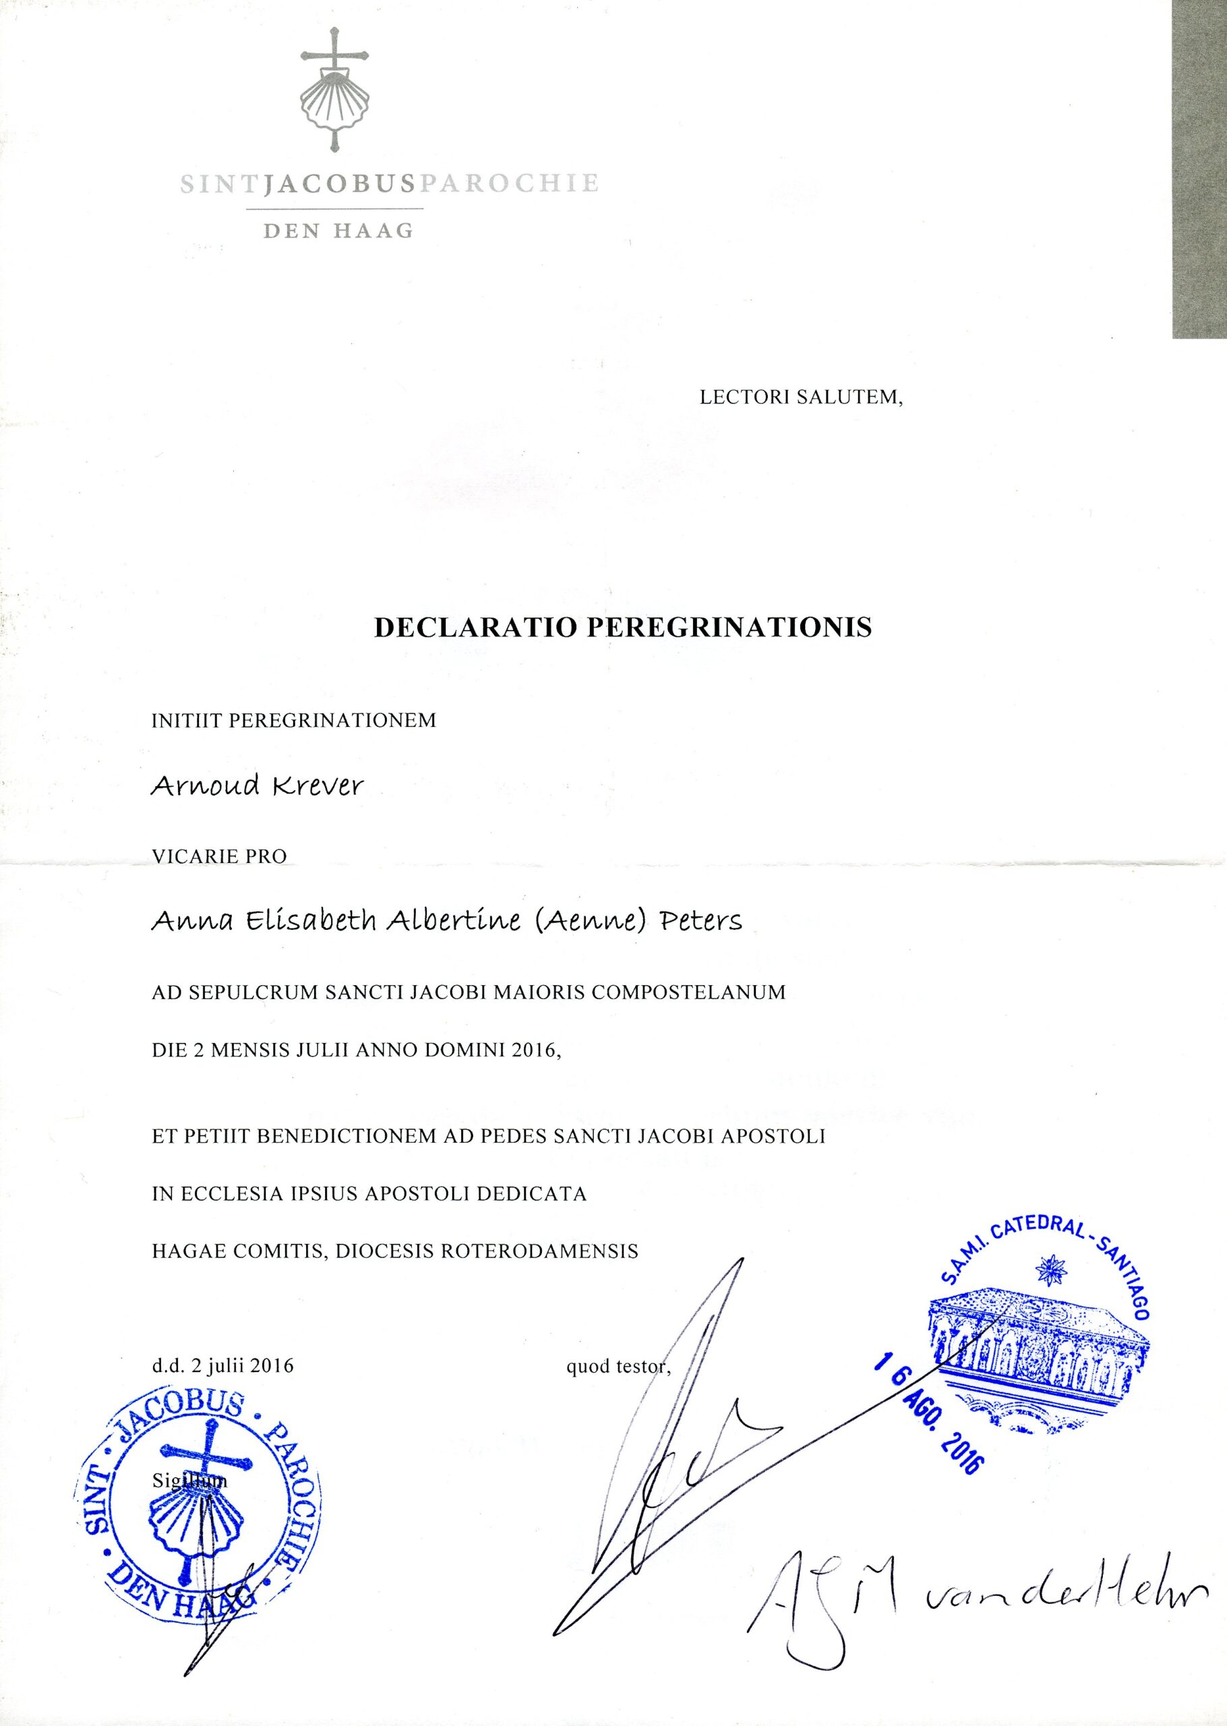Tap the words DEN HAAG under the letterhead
[338, 231]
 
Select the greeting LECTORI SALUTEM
[802, 397]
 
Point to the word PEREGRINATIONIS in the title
[728, 628]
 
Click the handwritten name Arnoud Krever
[257, 786]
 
